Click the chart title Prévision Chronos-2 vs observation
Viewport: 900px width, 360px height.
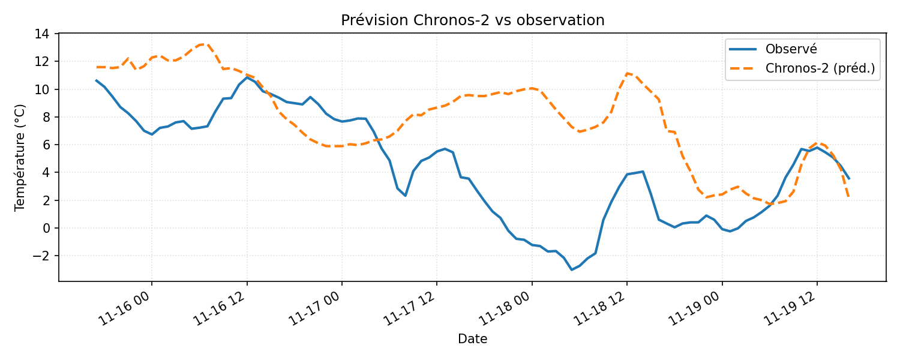pos(472,20)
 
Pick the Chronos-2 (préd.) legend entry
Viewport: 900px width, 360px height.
pos(820,69)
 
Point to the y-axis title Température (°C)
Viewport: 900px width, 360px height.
pos(20,157)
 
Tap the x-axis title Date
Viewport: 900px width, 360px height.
pos(472,340)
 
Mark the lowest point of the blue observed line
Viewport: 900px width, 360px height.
pos(571,270)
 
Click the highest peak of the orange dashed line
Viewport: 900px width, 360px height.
pos(206,44)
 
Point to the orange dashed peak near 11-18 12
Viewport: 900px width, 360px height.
pos(627,73)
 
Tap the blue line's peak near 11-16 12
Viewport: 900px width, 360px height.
pos(247,77)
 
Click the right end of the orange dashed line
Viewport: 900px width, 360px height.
pos(848,197)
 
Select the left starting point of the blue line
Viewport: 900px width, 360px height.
pos(96,80)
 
